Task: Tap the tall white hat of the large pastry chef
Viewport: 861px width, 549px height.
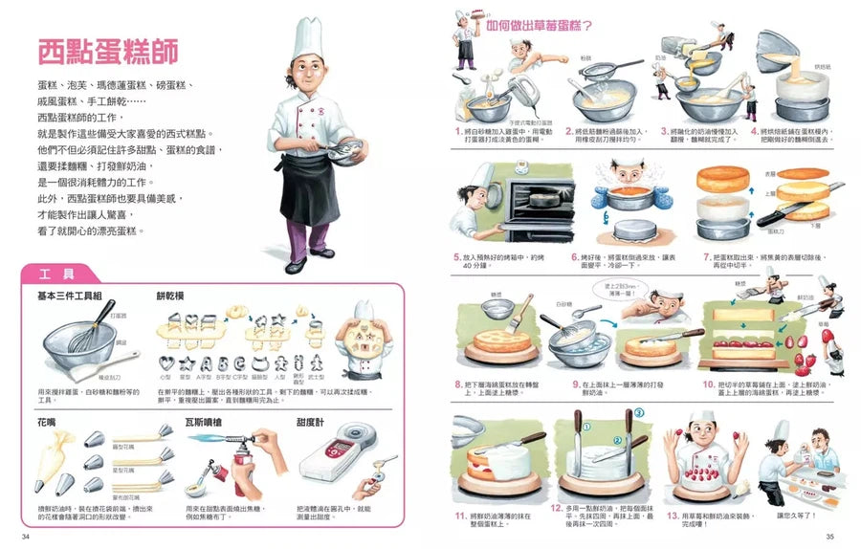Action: click(308, 39)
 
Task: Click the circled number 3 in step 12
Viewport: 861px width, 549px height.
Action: click(639, 413)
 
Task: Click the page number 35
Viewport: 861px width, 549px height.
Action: click(828, 536)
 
